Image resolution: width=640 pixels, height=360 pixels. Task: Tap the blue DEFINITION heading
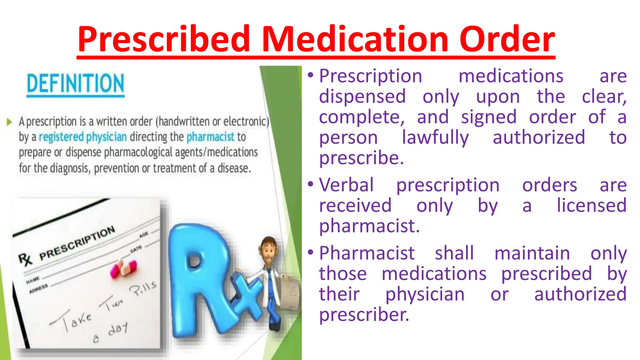point(75,84)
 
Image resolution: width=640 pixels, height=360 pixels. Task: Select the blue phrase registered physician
point(83,137)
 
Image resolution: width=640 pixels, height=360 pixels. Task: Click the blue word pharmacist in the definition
point(210,137)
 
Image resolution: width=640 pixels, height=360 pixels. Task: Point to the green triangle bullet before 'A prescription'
point(9,122)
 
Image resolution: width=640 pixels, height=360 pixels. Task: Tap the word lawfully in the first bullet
point(435,138)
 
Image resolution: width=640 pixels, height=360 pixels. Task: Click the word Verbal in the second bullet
point(346,185)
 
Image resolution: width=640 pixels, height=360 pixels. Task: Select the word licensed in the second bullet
point(592,206)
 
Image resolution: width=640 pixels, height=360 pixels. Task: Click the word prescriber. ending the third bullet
point(364,315)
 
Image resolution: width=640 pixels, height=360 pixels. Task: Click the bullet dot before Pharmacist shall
point(310,252)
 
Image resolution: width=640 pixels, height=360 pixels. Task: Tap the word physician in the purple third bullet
point(425,294)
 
